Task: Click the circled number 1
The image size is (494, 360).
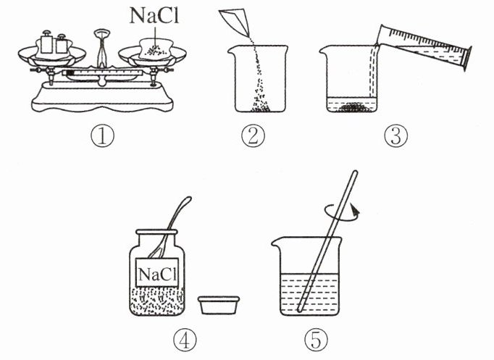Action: tap(102, 136)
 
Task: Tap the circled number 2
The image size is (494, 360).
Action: tap(254, 136)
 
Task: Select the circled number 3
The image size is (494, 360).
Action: tap(395, 136)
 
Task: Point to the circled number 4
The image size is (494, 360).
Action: tap(185, 340)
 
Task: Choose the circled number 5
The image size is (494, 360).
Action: tap(316, 340)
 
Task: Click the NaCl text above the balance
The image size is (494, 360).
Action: tap(154, 15)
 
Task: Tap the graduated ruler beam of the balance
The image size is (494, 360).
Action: tap(101, 72)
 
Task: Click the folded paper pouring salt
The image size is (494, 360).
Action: tap(234, 22)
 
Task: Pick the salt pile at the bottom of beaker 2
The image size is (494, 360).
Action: tap(260, 106)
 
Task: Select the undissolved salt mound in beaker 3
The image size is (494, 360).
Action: tap(353, 107)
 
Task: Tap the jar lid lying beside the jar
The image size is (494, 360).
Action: tap(219, 304)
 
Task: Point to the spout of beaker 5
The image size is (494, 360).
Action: tap(276, 242)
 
